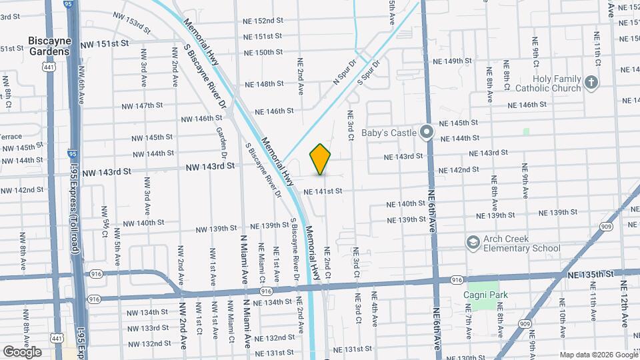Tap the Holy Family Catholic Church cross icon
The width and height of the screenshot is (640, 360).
591,83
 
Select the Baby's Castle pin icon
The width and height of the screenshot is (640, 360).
428,132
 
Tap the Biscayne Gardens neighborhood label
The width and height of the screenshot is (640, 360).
49,45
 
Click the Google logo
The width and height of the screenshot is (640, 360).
22,351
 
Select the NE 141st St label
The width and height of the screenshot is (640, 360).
323,191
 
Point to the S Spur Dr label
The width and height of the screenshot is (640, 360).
368,73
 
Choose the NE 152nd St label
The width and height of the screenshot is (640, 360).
263,21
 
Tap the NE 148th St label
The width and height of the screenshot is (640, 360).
264,84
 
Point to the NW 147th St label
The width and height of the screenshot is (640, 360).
143,106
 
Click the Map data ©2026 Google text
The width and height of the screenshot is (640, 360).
598,355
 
